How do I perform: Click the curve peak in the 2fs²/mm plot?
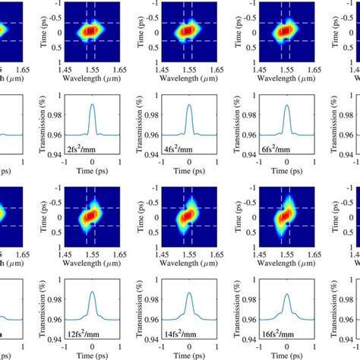tap(92, 105)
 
